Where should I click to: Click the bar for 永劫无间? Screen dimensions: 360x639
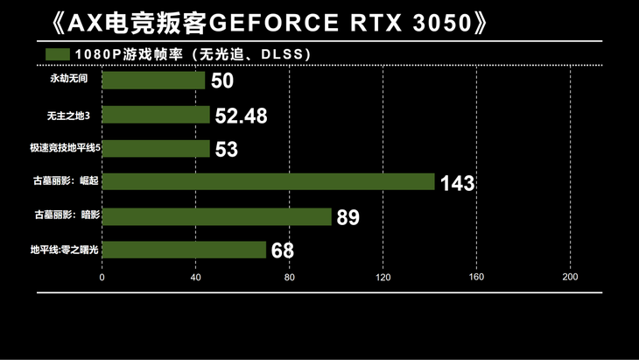[153, 81]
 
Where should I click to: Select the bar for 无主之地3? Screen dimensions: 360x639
[156, 115]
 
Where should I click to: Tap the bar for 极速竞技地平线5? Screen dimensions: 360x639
[156, 149]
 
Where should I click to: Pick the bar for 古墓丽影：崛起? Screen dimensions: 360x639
[268, 182]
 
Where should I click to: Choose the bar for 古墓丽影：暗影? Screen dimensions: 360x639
[216, 216]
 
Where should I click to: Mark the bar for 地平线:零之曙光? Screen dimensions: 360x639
[184, 251]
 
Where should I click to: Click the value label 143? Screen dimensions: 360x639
[457, 183]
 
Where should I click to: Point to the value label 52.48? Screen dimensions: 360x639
[241, 116]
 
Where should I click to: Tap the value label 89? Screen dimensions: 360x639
[348, 217]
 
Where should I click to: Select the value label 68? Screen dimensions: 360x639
[282, 251]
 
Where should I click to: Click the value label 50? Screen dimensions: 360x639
[222, 81]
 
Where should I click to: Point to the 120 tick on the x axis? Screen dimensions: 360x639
[383, 278]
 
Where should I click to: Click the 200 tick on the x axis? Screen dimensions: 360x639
[570, 278]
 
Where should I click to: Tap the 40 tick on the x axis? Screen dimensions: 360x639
[195, 278]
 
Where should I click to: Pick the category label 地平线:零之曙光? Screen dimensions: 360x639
[65, 251]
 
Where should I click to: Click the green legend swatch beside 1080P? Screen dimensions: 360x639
[58, 54]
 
